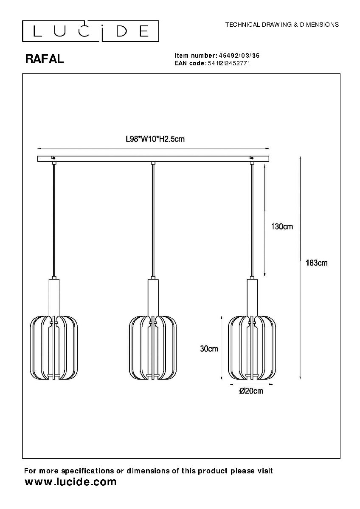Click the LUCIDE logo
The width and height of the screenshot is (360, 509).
90,31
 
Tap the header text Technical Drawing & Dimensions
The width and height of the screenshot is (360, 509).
282,25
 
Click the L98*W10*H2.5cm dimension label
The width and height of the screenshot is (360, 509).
155,139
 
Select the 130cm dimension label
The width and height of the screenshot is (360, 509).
282,227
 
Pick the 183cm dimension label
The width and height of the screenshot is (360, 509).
317,263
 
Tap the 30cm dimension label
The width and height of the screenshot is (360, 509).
209,349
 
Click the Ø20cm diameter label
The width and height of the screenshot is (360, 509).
251,391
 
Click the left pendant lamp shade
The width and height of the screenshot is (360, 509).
54,347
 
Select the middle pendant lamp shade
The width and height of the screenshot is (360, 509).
153,347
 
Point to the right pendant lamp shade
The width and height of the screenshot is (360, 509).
252,347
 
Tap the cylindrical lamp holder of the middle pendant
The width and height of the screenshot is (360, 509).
153,297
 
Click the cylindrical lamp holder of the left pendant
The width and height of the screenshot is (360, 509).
54,297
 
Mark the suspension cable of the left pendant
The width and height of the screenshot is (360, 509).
54,221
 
